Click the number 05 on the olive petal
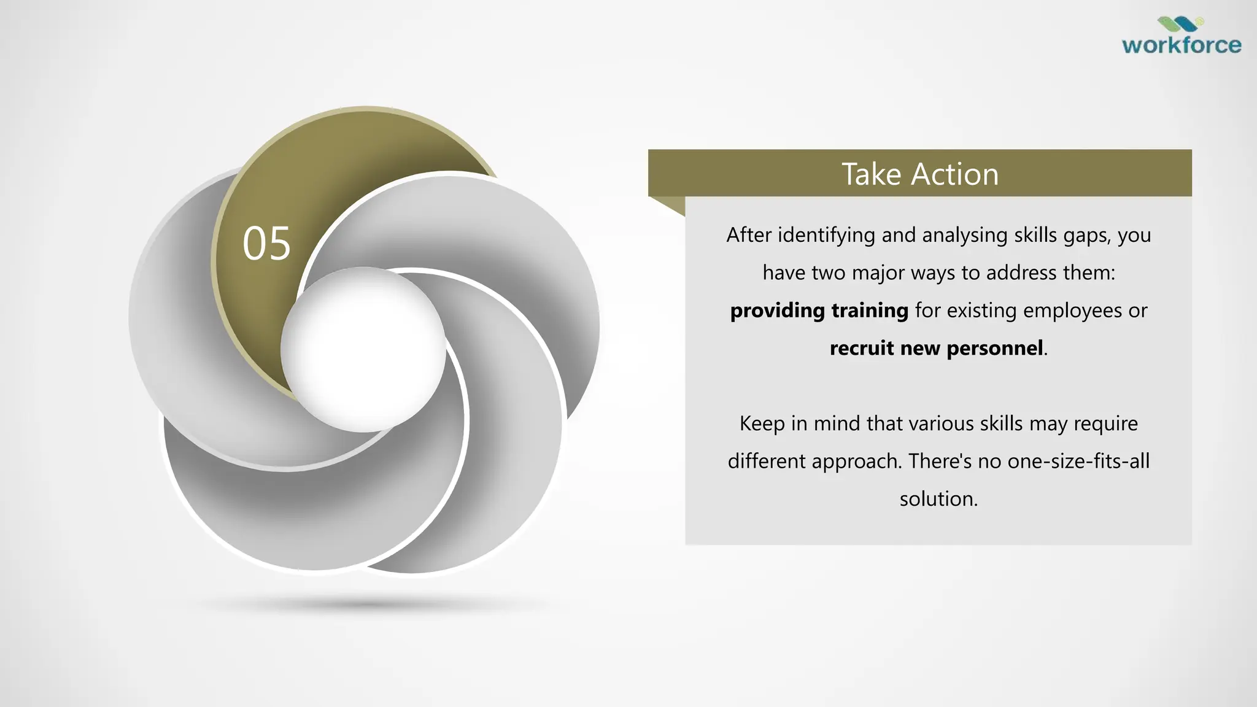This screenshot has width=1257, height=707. pyautogui.click(x=266, y=244)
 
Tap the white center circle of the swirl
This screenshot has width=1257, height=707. pyautogui.click(x=363, y=349)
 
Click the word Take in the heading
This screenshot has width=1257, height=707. pyautogui.click(x=872, y=174)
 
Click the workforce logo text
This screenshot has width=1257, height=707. pyautogui.click(x=1182, y=45)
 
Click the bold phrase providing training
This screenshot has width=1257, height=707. pyautogui.click(x=819, y=311)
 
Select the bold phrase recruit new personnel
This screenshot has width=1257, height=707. pyautogui.click(x=936, y=348)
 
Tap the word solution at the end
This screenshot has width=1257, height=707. pyautogui.click(x=938, y=499)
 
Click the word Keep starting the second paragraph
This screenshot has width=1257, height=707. pyautogui.click(x=762, y=423)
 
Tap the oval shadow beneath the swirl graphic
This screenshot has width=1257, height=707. pyautogui.click(x=368, y=605)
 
